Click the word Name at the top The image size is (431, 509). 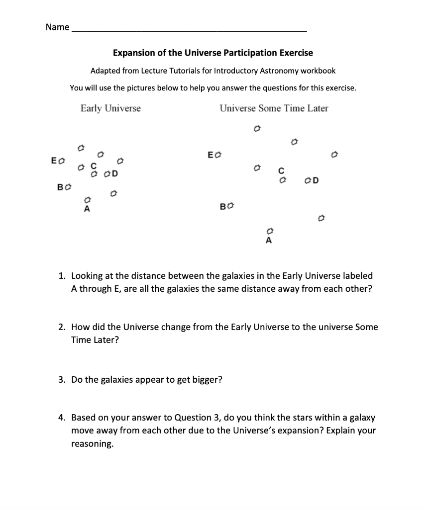coord(57,27)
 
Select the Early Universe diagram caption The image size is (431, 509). coord(110,108)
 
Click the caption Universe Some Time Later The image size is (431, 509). coord(274,108)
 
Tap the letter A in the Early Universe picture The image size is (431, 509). coord(87,209)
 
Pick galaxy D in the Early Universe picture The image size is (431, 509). coord(106,174)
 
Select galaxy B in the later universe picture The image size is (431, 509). coord(230,205)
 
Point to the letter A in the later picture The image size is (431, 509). coord(269,241)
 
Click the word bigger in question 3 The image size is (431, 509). coord(205,380)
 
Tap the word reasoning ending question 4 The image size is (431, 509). coord(92,444)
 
